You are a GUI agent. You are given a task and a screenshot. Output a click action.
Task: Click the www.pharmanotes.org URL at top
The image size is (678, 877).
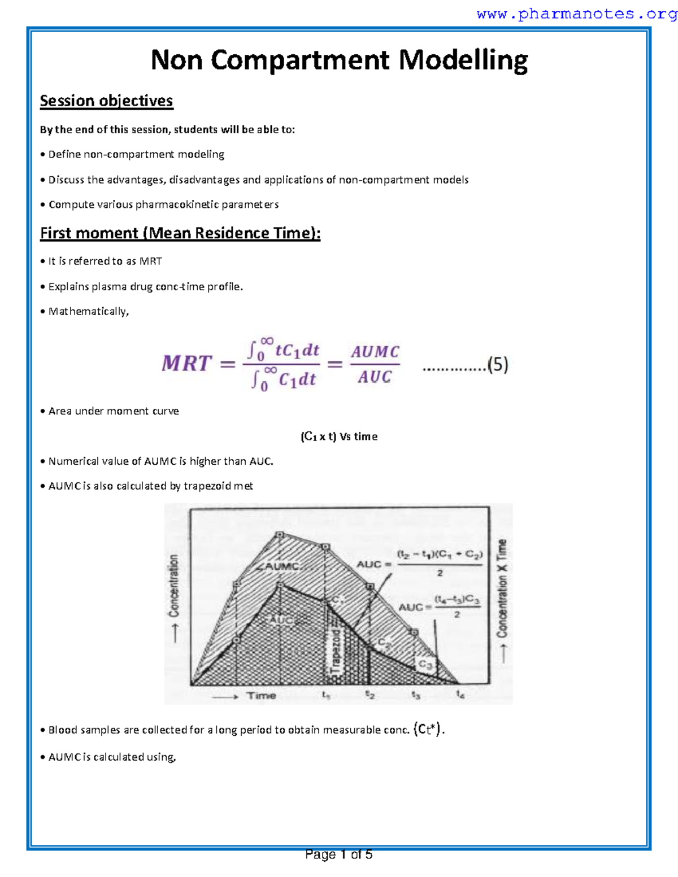(576, 14)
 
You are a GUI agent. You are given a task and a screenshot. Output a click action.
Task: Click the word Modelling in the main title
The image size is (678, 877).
(463, 60)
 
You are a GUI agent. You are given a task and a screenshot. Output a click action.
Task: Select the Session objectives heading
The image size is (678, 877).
(106, 101)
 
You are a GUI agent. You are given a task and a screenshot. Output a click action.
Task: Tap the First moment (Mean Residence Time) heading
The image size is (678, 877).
(180, 233)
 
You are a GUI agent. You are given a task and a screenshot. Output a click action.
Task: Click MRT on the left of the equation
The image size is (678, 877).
(186, 364)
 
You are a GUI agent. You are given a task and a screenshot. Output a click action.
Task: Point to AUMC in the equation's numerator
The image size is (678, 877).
(375, 352)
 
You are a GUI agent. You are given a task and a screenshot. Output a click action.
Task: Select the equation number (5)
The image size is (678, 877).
(498, 365)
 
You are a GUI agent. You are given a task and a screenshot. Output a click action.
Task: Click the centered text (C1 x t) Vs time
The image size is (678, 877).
(339, 437)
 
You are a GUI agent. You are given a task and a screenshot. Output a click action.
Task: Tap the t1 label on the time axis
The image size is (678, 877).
(326, 695)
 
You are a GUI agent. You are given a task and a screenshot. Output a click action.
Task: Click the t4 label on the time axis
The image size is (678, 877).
(460, 695)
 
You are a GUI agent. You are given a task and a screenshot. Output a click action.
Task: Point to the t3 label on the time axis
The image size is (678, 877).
(415, 695)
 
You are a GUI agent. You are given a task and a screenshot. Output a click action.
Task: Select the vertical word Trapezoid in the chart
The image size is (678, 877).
(336, 655)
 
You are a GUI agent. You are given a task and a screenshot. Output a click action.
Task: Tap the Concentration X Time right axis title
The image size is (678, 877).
(502, 588)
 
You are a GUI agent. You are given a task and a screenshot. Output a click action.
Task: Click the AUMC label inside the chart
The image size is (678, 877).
(281, 566)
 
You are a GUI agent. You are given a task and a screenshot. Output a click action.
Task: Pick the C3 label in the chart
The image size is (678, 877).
(425, 665)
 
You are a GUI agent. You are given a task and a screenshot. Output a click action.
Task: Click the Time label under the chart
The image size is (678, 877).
(261, 696)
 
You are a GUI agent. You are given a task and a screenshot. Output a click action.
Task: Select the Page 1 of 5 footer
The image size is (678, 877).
(338, 854)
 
